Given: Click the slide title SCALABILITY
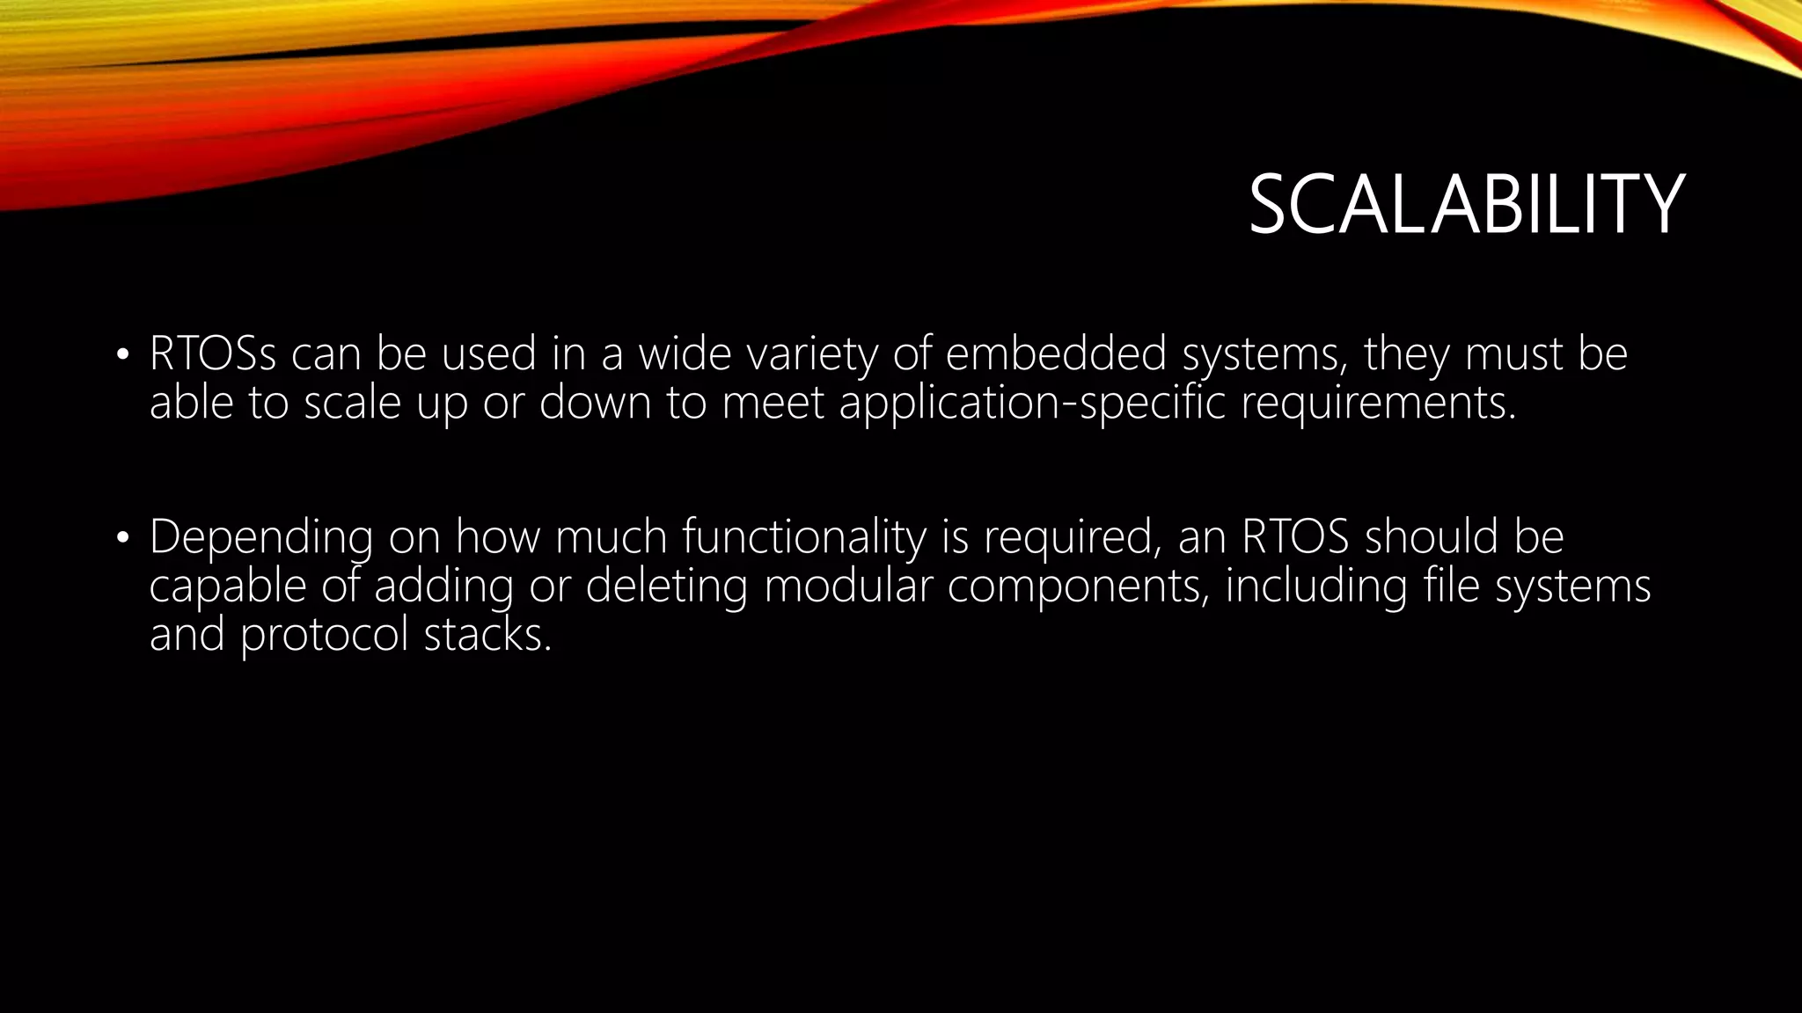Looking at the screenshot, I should tap(1466, 205).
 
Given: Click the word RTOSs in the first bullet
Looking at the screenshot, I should tap(213, 353).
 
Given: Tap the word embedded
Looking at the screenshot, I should tap(1056, 353).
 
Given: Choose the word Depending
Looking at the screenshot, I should tap(260, 537).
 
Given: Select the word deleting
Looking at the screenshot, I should tap(666, 586).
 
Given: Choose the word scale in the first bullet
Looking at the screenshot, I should tap(352, 403).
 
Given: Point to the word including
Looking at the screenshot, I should tap(1316, 586).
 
